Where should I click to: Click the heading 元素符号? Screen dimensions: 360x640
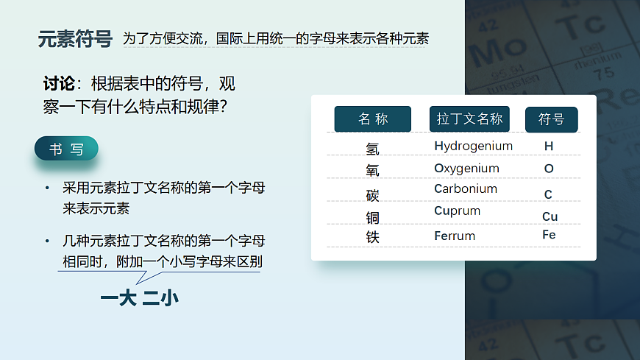pos(75,39)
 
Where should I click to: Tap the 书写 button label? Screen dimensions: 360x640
pos(66,149)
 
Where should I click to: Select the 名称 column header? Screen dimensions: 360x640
pos(372,119)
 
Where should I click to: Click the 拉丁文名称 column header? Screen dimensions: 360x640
pos(469,119)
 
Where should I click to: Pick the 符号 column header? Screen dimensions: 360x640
pos(551,119)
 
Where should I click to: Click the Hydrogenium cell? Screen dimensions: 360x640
pos(473,146)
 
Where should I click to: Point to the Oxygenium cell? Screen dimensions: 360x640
pos(466,168)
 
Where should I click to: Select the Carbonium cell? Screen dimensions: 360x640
pos(465,188)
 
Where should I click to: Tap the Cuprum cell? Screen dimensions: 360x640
pos(457,211)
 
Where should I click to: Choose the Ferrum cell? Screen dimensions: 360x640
pos(454,236)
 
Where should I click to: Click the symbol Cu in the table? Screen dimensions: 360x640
pos(550,216)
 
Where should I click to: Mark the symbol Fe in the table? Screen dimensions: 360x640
pos(549,235)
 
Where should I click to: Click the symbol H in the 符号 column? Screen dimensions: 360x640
pos(549,146)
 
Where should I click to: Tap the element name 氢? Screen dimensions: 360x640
pos(372,149)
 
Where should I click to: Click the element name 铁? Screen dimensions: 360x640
pos(372,237)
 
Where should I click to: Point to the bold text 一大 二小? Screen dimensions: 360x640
pos(139,298)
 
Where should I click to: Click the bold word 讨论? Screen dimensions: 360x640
pos(60,83)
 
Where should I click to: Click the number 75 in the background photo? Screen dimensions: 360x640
pos(603,73)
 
